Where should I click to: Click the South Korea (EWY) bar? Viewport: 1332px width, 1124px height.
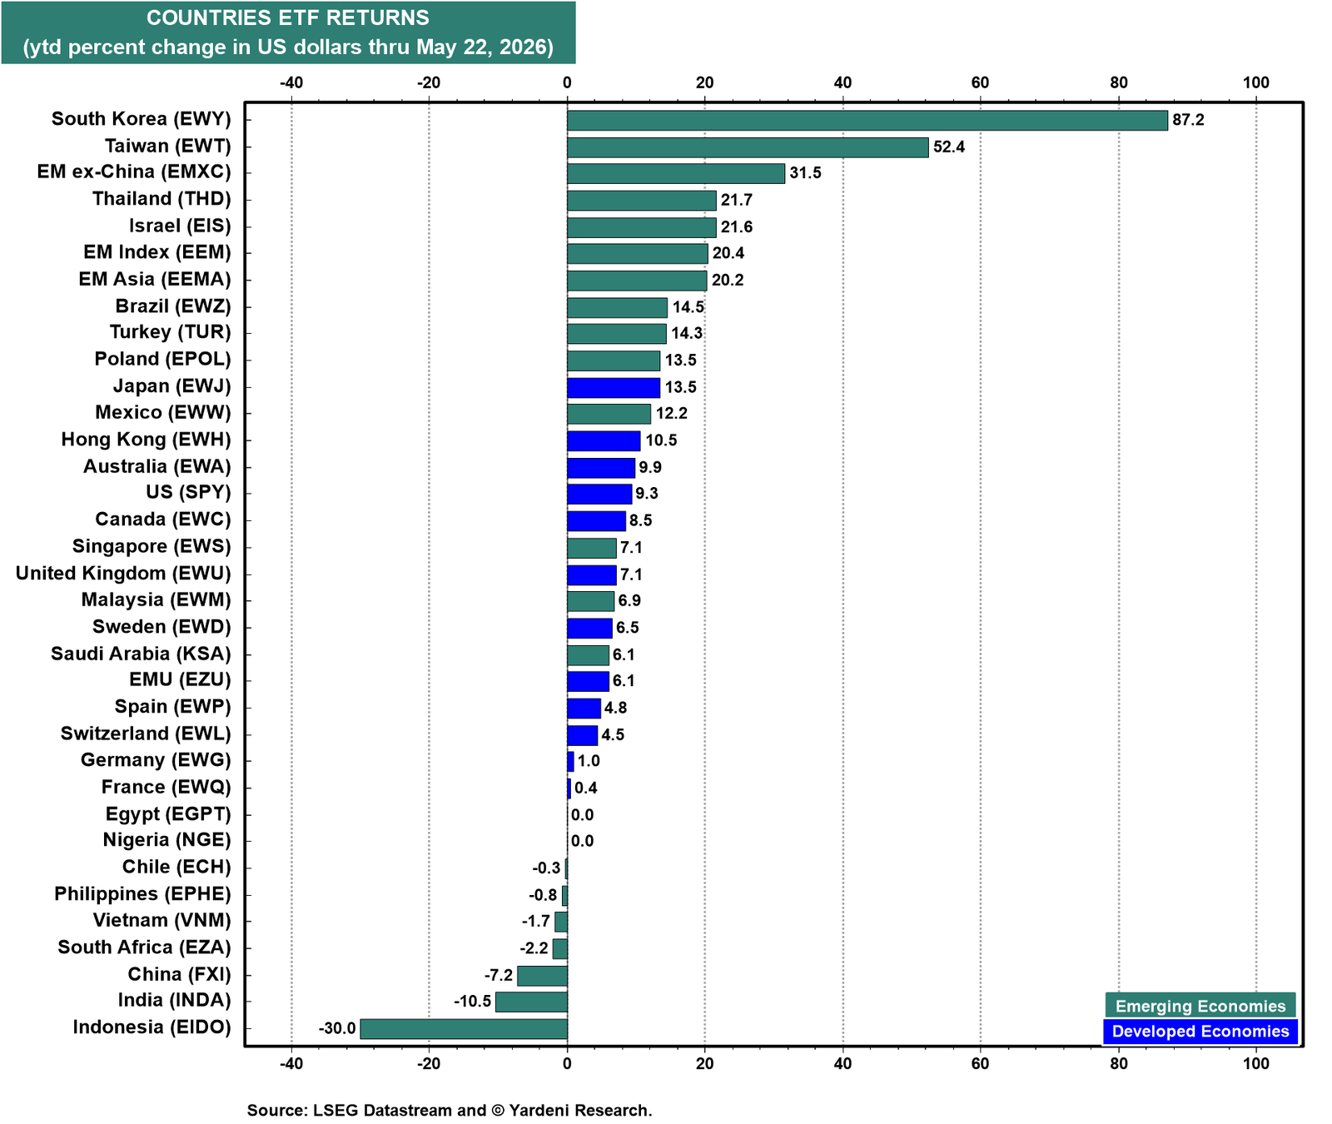867,120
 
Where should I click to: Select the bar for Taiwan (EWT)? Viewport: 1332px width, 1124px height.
748,147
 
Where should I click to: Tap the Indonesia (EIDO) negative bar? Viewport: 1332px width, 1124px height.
464,1028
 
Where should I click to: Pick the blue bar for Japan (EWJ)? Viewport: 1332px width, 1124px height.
614,387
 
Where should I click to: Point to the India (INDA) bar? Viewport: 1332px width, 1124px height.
531,1002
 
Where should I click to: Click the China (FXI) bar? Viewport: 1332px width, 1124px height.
542,975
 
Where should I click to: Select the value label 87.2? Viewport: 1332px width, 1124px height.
1188,120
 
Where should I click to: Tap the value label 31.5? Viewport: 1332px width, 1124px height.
805,173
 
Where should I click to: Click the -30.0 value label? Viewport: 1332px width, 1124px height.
337,1028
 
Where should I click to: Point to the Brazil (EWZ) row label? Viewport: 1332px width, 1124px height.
173,306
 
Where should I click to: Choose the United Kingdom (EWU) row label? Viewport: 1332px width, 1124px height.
123,573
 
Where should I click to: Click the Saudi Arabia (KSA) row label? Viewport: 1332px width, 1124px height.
141,654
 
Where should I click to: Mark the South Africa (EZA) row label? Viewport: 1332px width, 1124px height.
144,947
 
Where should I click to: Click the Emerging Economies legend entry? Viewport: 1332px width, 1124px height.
1200,1006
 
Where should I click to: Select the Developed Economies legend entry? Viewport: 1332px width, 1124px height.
1200,1032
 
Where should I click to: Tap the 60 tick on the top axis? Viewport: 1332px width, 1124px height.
981,82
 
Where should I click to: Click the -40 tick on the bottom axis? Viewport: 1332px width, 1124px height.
291,1063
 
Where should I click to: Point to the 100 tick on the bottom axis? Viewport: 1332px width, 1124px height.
1256,1063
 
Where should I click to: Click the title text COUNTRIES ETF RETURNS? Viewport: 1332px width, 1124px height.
288,17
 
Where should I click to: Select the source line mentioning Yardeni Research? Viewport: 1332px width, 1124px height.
450,1110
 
